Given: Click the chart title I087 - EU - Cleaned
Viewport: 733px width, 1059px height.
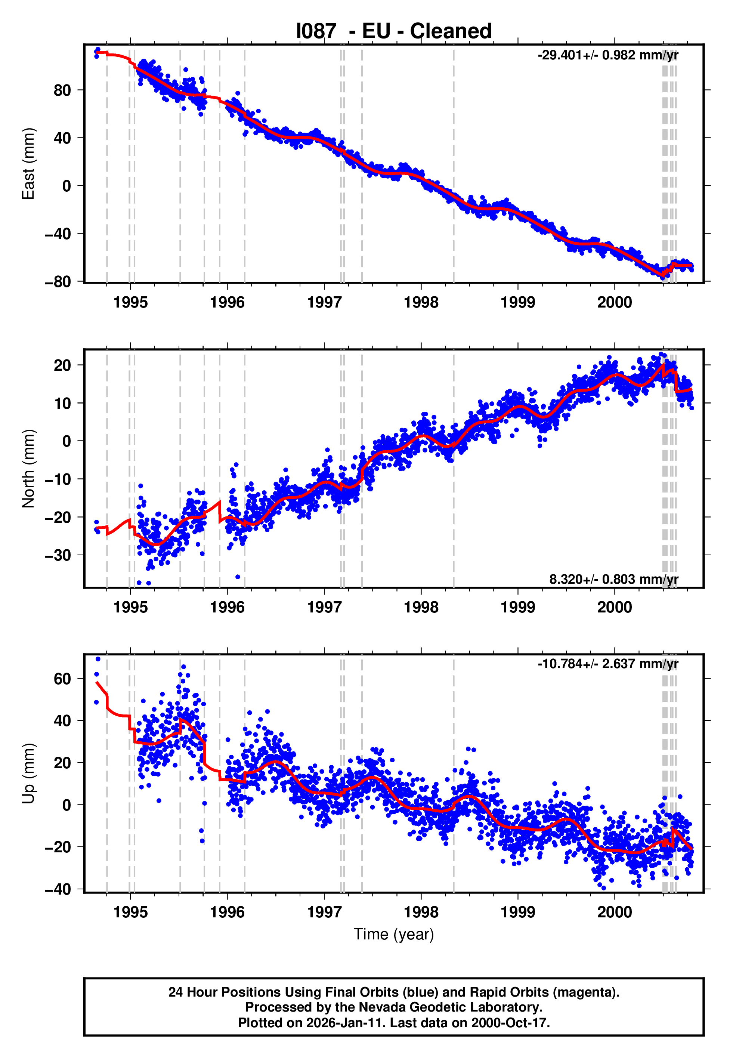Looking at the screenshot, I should (394, 31).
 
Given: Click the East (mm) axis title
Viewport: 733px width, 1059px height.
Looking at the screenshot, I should (28, 164).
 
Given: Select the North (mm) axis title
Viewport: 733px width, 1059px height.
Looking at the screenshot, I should (28, 469).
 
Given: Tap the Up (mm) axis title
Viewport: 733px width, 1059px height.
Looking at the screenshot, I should (28, 774).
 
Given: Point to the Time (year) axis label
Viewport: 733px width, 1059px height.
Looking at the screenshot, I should (394, 934).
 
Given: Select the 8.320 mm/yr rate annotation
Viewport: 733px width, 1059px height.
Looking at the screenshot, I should (613, 579).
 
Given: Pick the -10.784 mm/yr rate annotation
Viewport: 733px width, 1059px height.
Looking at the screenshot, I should (607, 664).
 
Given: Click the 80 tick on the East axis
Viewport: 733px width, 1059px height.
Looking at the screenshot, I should (62, 90).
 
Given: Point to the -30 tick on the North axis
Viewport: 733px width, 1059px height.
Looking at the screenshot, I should (58, 555).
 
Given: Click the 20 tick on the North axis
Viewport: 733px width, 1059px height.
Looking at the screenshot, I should (62, 365).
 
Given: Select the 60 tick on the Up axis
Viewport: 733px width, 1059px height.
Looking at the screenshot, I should (62, 679).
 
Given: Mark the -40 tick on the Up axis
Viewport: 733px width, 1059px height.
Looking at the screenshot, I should (58, 889).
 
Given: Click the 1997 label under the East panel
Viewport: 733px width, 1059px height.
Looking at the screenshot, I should (324, 303).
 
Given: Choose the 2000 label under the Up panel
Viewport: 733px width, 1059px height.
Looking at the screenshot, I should (615, 912).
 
